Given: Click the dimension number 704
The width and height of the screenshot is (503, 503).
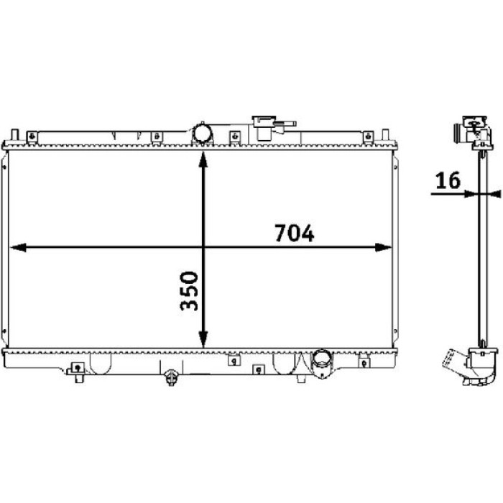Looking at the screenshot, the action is click(294, 233).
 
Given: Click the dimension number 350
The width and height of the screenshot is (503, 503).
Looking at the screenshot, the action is click(189, 291).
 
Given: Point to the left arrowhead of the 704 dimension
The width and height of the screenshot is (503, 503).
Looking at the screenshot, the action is click(18, 247).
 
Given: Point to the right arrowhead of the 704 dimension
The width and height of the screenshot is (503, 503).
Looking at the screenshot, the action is click(383, 247).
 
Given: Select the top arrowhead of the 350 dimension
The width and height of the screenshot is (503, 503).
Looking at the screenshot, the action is click(203, 160).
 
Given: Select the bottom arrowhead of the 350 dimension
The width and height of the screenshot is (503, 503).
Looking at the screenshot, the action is click(203, 339).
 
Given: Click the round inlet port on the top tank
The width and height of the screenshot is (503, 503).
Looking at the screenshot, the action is click(202, 134).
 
